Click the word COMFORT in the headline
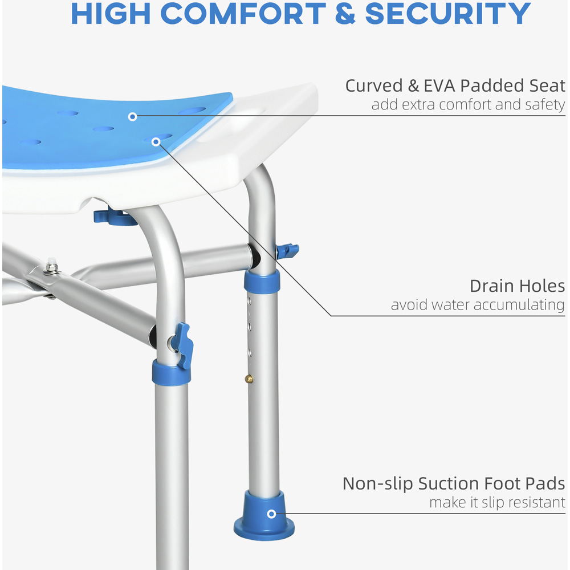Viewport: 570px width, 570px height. click(243, 14)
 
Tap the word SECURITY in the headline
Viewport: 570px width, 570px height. click(448, 14)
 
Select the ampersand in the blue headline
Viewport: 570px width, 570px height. click(345, 14)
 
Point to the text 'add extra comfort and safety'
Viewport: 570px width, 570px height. click(468, 105)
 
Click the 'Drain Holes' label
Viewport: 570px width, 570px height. click(518, 286)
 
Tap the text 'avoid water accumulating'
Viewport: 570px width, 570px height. click(478, 305)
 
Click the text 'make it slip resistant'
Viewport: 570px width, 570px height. click(497, 502)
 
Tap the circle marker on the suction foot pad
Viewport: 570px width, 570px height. click(271, 514)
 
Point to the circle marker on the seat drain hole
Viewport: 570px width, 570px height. click(156, 142)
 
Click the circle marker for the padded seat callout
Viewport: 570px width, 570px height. click(133, 117)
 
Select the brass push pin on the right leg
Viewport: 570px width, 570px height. click(249, 379)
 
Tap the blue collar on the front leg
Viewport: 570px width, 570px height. click(171, 373)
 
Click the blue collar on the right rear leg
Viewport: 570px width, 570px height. click(262, 282)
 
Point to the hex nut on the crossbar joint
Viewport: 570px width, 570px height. click(51, 268)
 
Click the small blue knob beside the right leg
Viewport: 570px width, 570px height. click(287, 251)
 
